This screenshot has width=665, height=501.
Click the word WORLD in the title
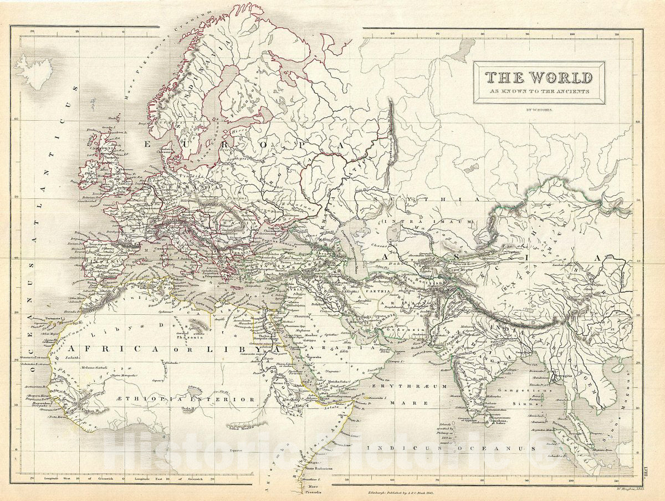(x=560, y=78)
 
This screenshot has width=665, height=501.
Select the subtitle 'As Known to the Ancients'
(x=538, y=91)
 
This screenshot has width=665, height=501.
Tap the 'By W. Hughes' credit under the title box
(x=538, y=109)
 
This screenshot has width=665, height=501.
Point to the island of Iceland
(x=33, y=71)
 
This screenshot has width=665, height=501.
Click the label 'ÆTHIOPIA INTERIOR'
(x=208, y=399)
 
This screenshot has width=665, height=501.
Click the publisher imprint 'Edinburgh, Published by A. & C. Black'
(x=400, y=492)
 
